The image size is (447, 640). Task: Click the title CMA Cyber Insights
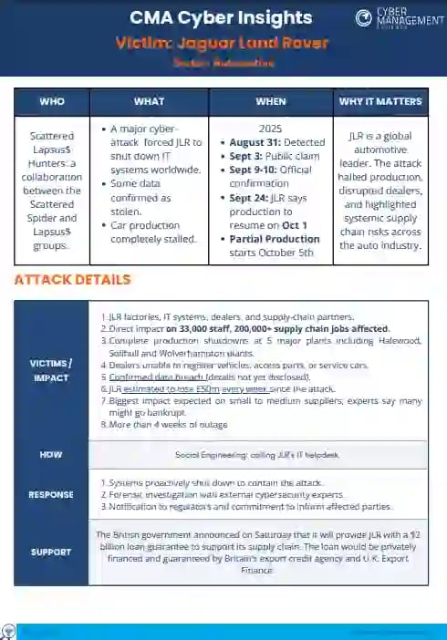(221, 18)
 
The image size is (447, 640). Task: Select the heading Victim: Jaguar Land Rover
(222, 43)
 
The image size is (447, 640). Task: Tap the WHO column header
(52, 101)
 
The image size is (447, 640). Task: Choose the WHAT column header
(149, 101)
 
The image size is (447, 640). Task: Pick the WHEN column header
(271, 101)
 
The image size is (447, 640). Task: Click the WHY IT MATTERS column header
(380, 101)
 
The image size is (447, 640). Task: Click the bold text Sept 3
(241, 157)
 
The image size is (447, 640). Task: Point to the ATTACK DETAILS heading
(72, 280)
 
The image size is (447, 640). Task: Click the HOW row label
(51, 453)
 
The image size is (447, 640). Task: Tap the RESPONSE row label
(51, 495)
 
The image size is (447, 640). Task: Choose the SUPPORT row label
(51, 552)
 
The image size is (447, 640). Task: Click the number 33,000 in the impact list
(201, 328)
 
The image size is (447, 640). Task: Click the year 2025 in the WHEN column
(271, 129)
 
